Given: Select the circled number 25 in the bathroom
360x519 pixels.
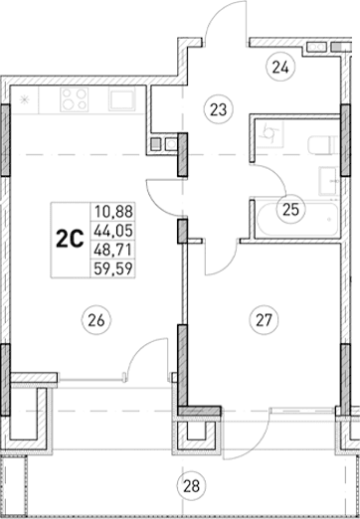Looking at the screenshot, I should (x=289, y=210).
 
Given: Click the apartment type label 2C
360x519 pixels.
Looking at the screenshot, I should (x=70, y=237).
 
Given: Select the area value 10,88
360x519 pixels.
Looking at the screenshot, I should (x=111, y=211).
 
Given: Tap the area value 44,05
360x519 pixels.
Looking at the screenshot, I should (x=111, y=229).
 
